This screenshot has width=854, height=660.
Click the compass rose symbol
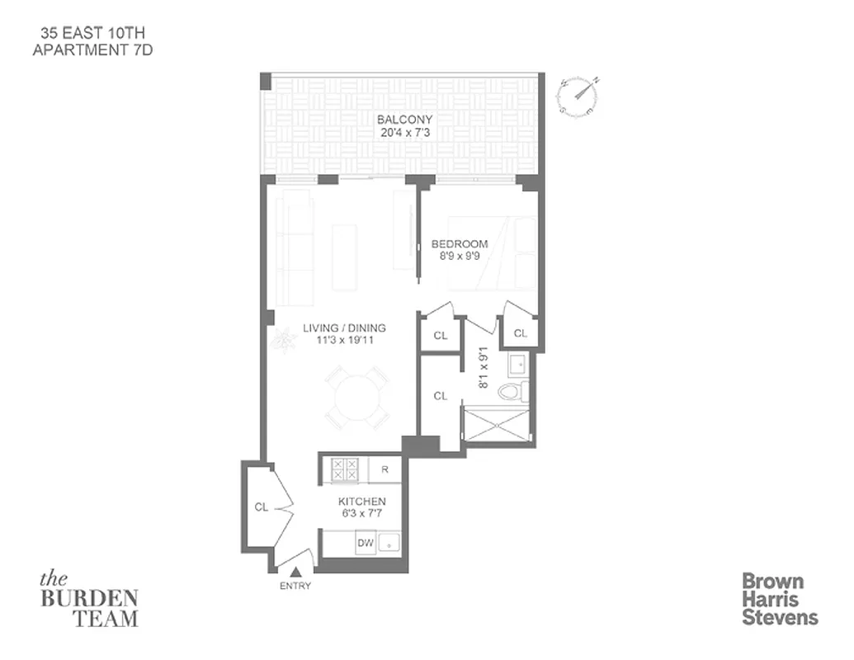[578, 96]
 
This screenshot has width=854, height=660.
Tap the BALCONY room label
[404, 120]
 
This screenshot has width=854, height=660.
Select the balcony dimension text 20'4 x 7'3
[404, 132]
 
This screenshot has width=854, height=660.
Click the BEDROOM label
[460, 244]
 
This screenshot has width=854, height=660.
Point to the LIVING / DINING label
[344, 328]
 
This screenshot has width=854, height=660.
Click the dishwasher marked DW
[365, 542]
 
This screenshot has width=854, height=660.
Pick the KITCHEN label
[361, 502]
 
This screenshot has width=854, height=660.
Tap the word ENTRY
[295, 586]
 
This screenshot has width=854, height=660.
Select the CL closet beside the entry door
[261, 507]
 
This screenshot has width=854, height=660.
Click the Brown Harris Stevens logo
[779, 599]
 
